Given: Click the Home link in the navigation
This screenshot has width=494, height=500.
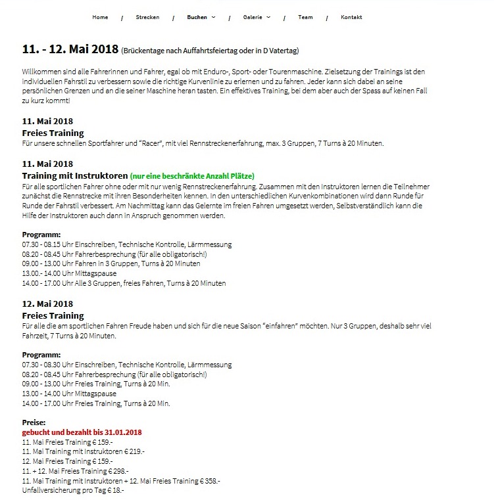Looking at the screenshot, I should [100, 17].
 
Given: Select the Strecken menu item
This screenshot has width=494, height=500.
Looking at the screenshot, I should [147, 17].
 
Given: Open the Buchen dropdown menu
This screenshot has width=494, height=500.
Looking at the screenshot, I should [200, 17].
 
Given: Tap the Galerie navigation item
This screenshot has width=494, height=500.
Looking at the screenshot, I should [256, 17].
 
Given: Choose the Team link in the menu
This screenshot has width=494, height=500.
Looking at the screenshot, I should [305, 17].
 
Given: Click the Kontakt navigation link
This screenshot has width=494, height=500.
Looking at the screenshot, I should [351, 17].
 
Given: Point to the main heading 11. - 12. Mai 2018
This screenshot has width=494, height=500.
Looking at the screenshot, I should [70, 49].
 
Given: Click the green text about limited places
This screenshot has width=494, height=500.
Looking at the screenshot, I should [191, 176].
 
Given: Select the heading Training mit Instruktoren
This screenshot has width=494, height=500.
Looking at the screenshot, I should [74, 176].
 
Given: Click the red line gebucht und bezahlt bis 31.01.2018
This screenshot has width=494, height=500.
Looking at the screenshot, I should [82, 432].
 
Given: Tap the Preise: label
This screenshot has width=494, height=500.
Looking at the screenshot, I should [34, 423].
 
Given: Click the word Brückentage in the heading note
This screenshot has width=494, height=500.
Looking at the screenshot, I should [142, 51].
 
